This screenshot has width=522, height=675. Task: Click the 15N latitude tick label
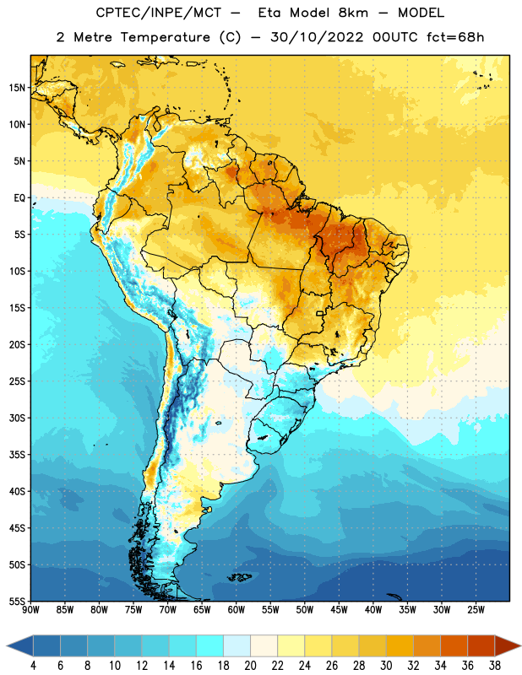coord(17,88)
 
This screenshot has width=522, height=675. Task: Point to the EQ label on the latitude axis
coord(19,198)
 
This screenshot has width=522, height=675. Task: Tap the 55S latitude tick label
coord(17,601)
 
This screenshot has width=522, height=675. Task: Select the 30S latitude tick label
coord(17,418)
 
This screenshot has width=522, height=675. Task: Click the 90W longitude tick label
coord(30,609)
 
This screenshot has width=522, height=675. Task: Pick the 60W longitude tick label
coord(237,609)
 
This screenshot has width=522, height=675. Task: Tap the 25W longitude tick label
coord(476,609)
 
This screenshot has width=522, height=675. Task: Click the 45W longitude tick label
coord(339,609)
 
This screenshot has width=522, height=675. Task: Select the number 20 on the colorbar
coord(250,666)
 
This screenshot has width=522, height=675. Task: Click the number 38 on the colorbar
coord(495,666)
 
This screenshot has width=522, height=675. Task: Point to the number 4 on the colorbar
coord(33,666)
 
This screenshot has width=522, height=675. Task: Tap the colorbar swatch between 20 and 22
coord(264,645)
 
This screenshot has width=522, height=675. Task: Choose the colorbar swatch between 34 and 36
coord(454,645)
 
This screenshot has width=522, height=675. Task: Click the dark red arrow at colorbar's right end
coord(508,645)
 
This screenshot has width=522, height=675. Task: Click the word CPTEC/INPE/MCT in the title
coord(159,13)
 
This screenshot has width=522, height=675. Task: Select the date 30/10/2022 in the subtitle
coord(317,37)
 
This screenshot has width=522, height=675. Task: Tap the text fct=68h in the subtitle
coord(455,37)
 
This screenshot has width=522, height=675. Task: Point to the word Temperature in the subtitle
coord(165,37)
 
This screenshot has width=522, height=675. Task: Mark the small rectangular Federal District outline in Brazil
coord(320,313)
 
